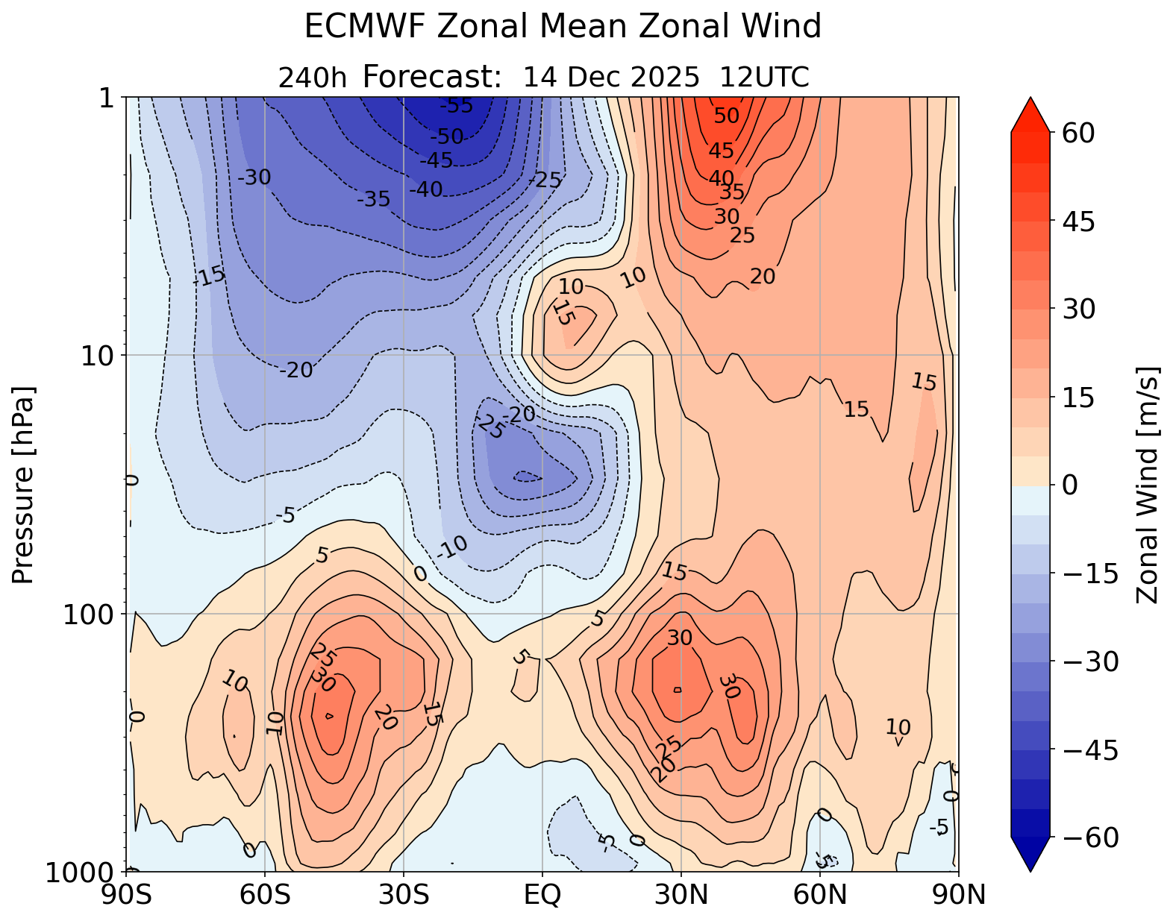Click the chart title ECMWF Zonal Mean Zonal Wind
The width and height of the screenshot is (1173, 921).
(x=563, y=28)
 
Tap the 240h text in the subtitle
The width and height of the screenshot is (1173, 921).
(x=312, y=78)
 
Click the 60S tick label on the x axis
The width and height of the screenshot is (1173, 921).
(x=266, y=895)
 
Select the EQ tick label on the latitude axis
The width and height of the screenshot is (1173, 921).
(x=542, y=895)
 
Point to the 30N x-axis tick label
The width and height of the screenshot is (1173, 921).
(x=681, y=895)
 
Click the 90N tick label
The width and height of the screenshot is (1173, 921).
(x=958, y=895)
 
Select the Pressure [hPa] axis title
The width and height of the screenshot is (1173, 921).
(x=24, y=485)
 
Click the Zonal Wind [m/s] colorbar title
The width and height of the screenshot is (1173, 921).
(x=1146, y=485)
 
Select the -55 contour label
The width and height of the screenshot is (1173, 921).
(x=456, y=106)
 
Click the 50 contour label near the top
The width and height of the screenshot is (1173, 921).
(x=726, y=116)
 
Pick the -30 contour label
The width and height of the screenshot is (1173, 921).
(x=254, y=177)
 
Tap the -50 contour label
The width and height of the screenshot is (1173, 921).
(x=447, y=136)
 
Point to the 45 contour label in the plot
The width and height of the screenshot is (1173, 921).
(x=721, y=151)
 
